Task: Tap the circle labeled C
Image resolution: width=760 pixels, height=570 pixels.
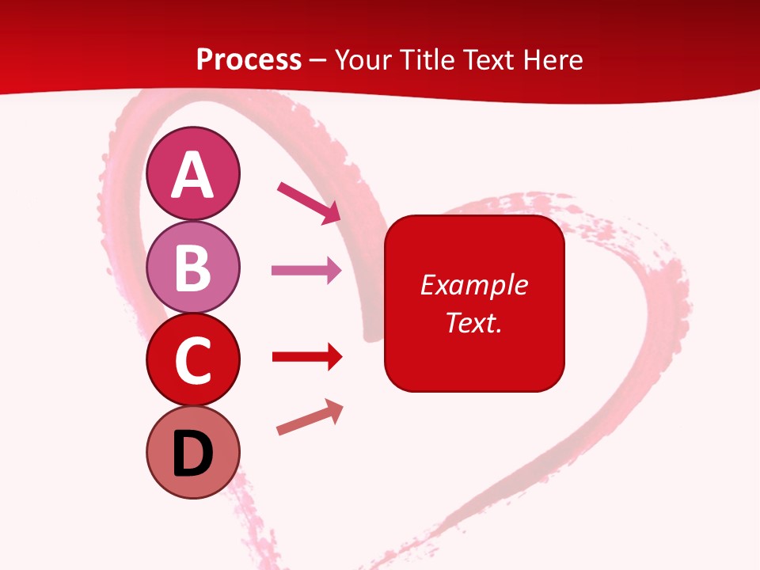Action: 192,360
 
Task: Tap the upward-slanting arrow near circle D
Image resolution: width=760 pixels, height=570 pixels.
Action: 310,418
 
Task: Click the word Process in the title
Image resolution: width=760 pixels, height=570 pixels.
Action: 249,60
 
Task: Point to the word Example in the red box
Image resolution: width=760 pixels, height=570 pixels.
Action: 474,285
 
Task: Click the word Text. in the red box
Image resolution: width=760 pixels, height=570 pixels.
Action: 474,323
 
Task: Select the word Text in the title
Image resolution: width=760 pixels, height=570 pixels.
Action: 495,60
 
